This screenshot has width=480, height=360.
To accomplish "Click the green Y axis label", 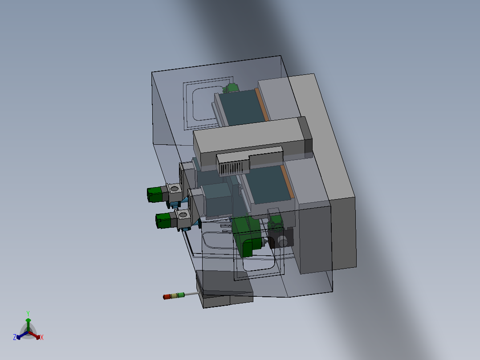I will tap(28, 313).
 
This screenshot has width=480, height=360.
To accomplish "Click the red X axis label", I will tap(42, 337).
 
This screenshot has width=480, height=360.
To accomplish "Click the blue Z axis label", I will tap(15, 337).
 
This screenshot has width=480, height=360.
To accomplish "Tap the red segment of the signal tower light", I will tap(167, 296).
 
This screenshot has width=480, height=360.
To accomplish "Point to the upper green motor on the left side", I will tap(155, 194).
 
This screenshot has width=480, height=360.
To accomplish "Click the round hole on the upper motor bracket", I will tap(174, 190).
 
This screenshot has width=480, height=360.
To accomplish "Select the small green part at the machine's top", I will tap(232, 88).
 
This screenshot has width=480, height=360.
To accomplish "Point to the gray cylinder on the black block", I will tap(282, 241).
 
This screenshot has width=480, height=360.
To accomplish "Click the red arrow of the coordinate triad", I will tap(35, 335).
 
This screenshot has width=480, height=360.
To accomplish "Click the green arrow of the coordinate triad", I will tap(28, 323).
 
